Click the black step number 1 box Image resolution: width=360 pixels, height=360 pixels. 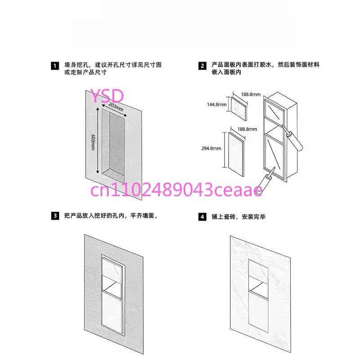coord(55,66)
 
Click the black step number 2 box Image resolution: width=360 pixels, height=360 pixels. coord(202,66)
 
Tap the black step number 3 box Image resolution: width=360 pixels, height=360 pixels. coord(55,216)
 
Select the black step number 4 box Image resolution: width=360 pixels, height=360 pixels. coord(202,217)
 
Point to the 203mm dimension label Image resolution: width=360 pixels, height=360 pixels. coord(116,107)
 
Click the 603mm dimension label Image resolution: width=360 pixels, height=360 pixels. coord(93,142)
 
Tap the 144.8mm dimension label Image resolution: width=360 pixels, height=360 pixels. coord(217,105)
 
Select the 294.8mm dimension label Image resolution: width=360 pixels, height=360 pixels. coord(211,148)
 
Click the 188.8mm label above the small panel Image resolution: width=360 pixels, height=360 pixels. coord(251,94)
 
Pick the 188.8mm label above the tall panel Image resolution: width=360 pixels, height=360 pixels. coord(247,129)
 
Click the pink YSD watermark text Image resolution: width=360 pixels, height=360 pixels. coord(107,96)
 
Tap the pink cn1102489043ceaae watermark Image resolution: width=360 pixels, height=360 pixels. coord(176,190)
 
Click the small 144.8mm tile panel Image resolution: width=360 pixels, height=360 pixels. coord(239,108)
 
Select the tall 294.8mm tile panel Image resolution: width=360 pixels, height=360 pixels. coord(236,154)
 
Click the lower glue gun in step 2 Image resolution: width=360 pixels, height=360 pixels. coord(266,180)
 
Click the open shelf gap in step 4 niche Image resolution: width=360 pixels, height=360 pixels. coord(258,285)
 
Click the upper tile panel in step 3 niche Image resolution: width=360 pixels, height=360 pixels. coord(111,270)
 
